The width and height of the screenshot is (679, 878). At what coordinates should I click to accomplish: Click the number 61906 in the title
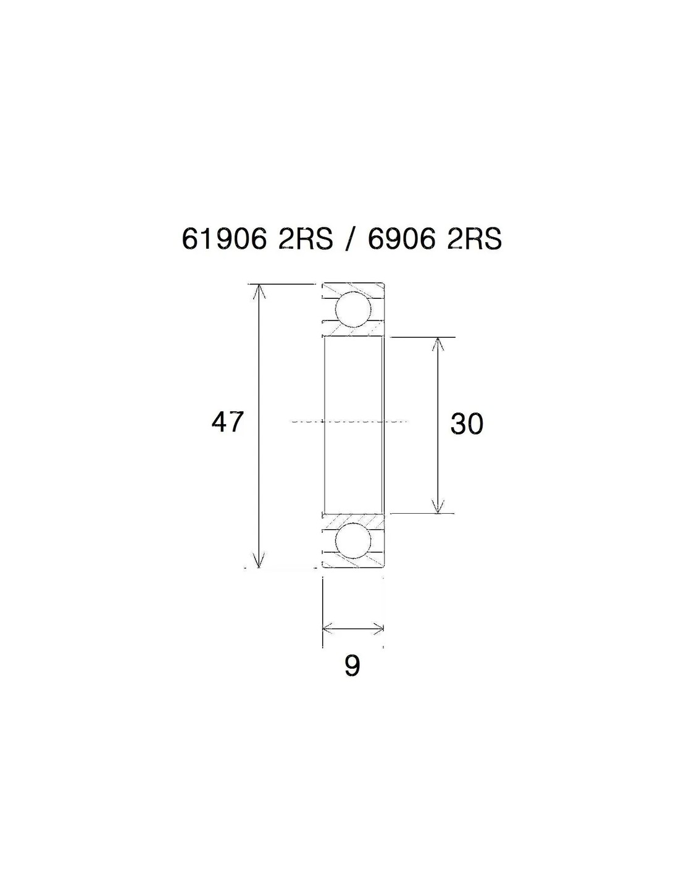pyautogui.click(x=224, y=240)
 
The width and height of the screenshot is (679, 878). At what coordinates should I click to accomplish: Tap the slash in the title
pyautogui.click(x=349, y=240)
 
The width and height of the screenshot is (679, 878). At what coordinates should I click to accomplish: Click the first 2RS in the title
pyautogui.click(x=305, y=240)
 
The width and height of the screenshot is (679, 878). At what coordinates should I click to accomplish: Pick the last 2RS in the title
pyautogui.click(x=474, y=240)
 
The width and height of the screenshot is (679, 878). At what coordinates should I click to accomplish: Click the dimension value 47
pyautogui.click(x=227, y=422)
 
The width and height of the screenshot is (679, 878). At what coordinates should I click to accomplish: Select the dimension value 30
pyautogui.click(x=467, y=424)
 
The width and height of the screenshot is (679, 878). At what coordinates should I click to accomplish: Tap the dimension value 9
pyautogui.click(x=352, y=666)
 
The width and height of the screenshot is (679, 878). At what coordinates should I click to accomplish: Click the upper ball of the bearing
pyautogui.click(x=353, y=310)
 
